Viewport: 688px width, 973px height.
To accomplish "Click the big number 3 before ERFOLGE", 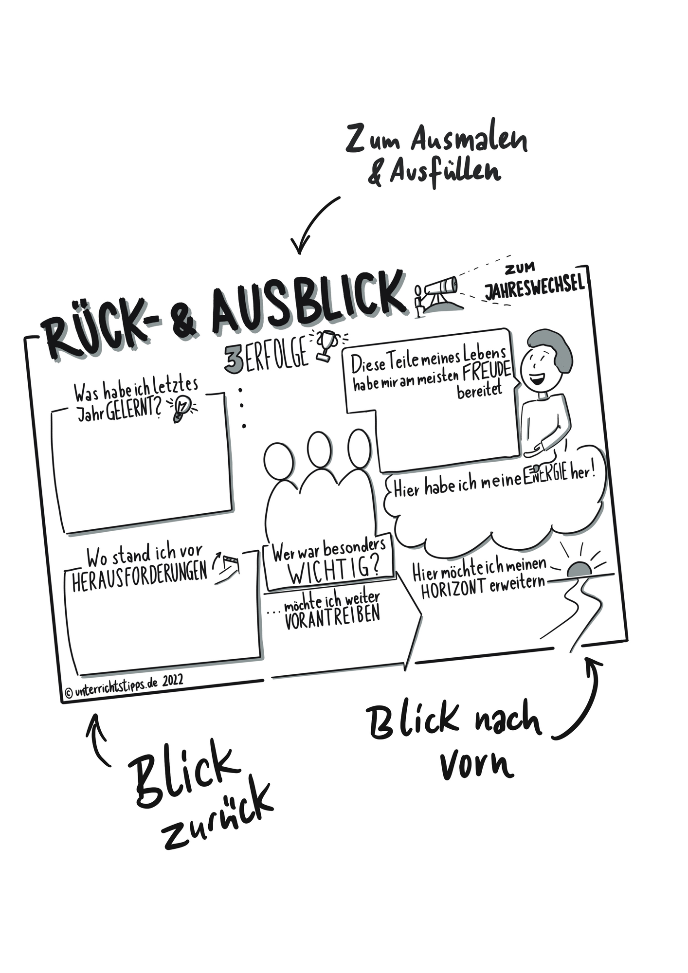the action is pyautogui.click(x=234, y=360).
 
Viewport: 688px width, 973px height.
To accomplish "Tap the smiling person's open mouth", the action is pyautogui.click(x=537, y=378).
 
